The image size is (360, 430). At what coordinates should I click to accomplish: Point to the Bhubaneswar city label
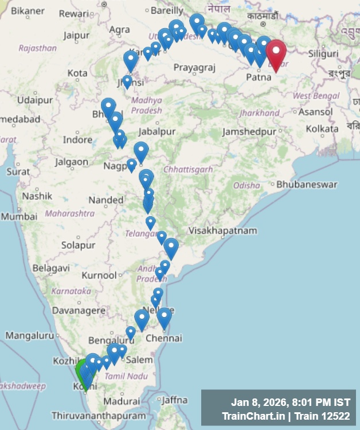pos(307,185)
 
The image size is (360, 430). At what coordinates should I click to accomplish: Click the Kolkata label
pos(322,129)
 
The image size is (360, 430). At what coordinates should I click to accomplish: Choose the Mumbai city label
pos(19,217)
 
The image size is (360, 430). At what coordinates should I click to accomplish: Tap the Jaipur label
pos(76,36)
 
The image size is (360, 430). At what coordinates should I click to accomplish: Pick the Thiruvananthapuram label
pos(99,415)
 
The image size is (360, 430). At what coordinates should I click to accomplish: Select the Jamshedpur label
pos(249,131)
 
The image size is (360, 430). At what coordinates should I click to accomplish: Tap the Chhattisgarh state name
pos(188,169)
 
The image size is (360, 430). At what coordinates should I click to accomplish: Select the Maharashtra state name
pos(69,213)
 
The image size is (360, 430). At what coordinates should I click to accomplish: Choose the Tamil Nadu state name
pos(123,376)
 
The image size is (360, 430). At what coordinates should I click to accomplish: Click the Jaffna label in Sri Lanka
pos(175,400)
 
